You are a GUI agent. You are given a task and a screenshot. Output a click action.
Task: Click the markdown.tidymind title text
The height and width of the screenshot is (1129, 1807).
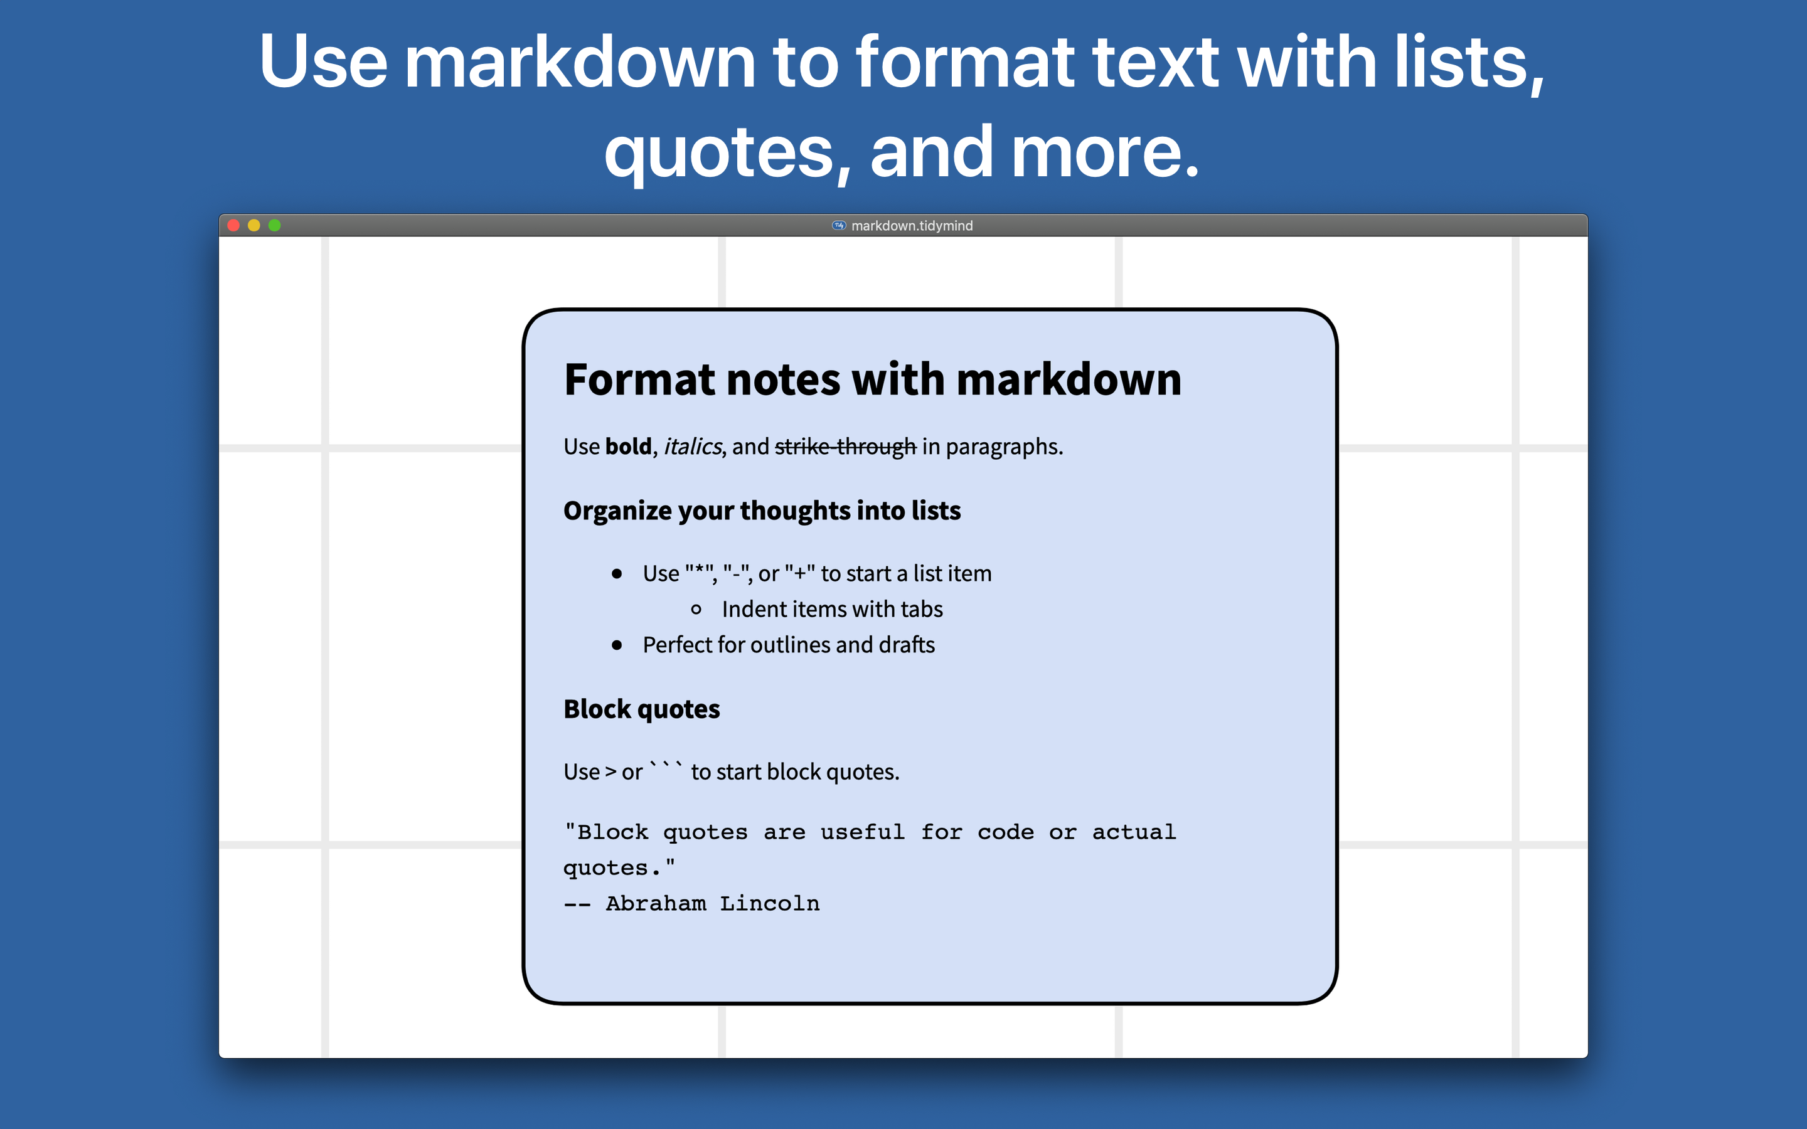click(912, 226)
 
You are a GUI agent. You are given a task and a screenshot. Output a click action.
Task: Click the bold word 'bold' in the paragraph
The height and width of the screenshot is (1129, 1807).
click(628, 447)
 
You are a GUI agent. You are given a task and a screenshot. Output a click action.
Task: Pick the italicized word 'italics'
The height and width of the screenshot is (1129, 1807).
click(693, 447)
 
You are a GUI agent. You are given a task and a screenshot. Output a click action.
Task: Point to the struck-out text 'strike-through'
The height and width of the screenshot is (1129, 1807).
click(845, 447)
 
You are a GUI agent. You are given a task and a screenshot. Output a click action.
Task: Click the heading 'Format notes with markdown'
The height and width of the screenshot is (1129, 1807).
click(873, 379)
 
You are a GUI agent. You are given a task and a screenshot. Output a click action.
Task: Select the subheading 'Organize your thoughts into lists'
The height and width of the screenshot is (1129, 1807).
click(762, 511)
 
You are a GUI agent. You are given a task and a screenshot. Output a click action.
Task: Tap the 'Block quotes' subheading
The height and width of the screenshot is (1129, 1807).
click(642, 709)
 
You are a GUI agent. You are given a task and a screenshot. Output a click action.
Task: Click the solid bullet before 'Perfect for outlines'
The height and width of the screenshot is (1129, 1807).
click(617, 645)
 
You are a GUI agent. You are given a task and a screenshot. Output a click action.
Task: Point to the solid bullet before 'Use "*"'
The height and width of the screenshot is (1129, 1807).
click(617, 573)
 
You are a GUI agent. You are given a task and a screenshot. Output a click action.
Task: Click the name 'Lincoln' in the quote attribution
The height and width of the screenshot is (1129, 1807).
click(770, 903)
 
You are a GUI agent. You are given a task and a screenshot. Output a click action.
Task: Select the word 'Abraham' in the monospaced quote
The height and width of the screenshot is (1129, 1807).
click(656, 903)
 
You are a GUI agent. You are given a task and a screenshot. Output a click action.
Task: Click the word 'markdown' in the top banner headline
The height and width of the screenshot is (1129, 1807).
click(580, 63)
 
